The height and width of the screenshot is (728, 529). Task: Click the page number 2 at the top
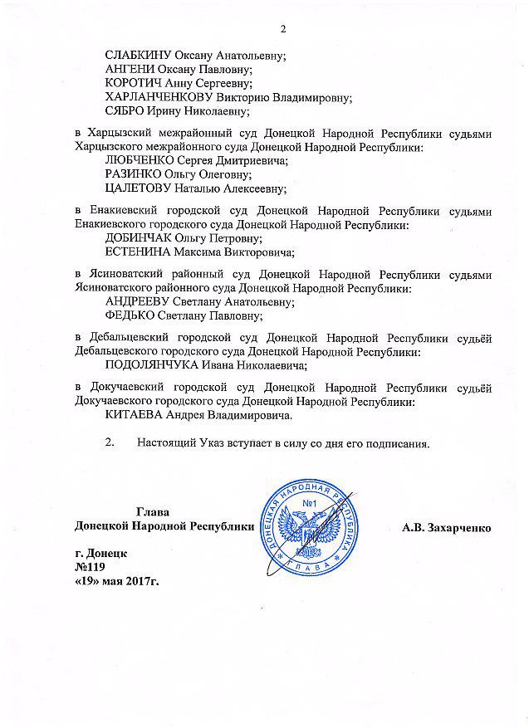click(282, 31)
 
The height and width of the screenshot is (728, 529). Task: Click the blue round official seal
click(311, 525)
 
